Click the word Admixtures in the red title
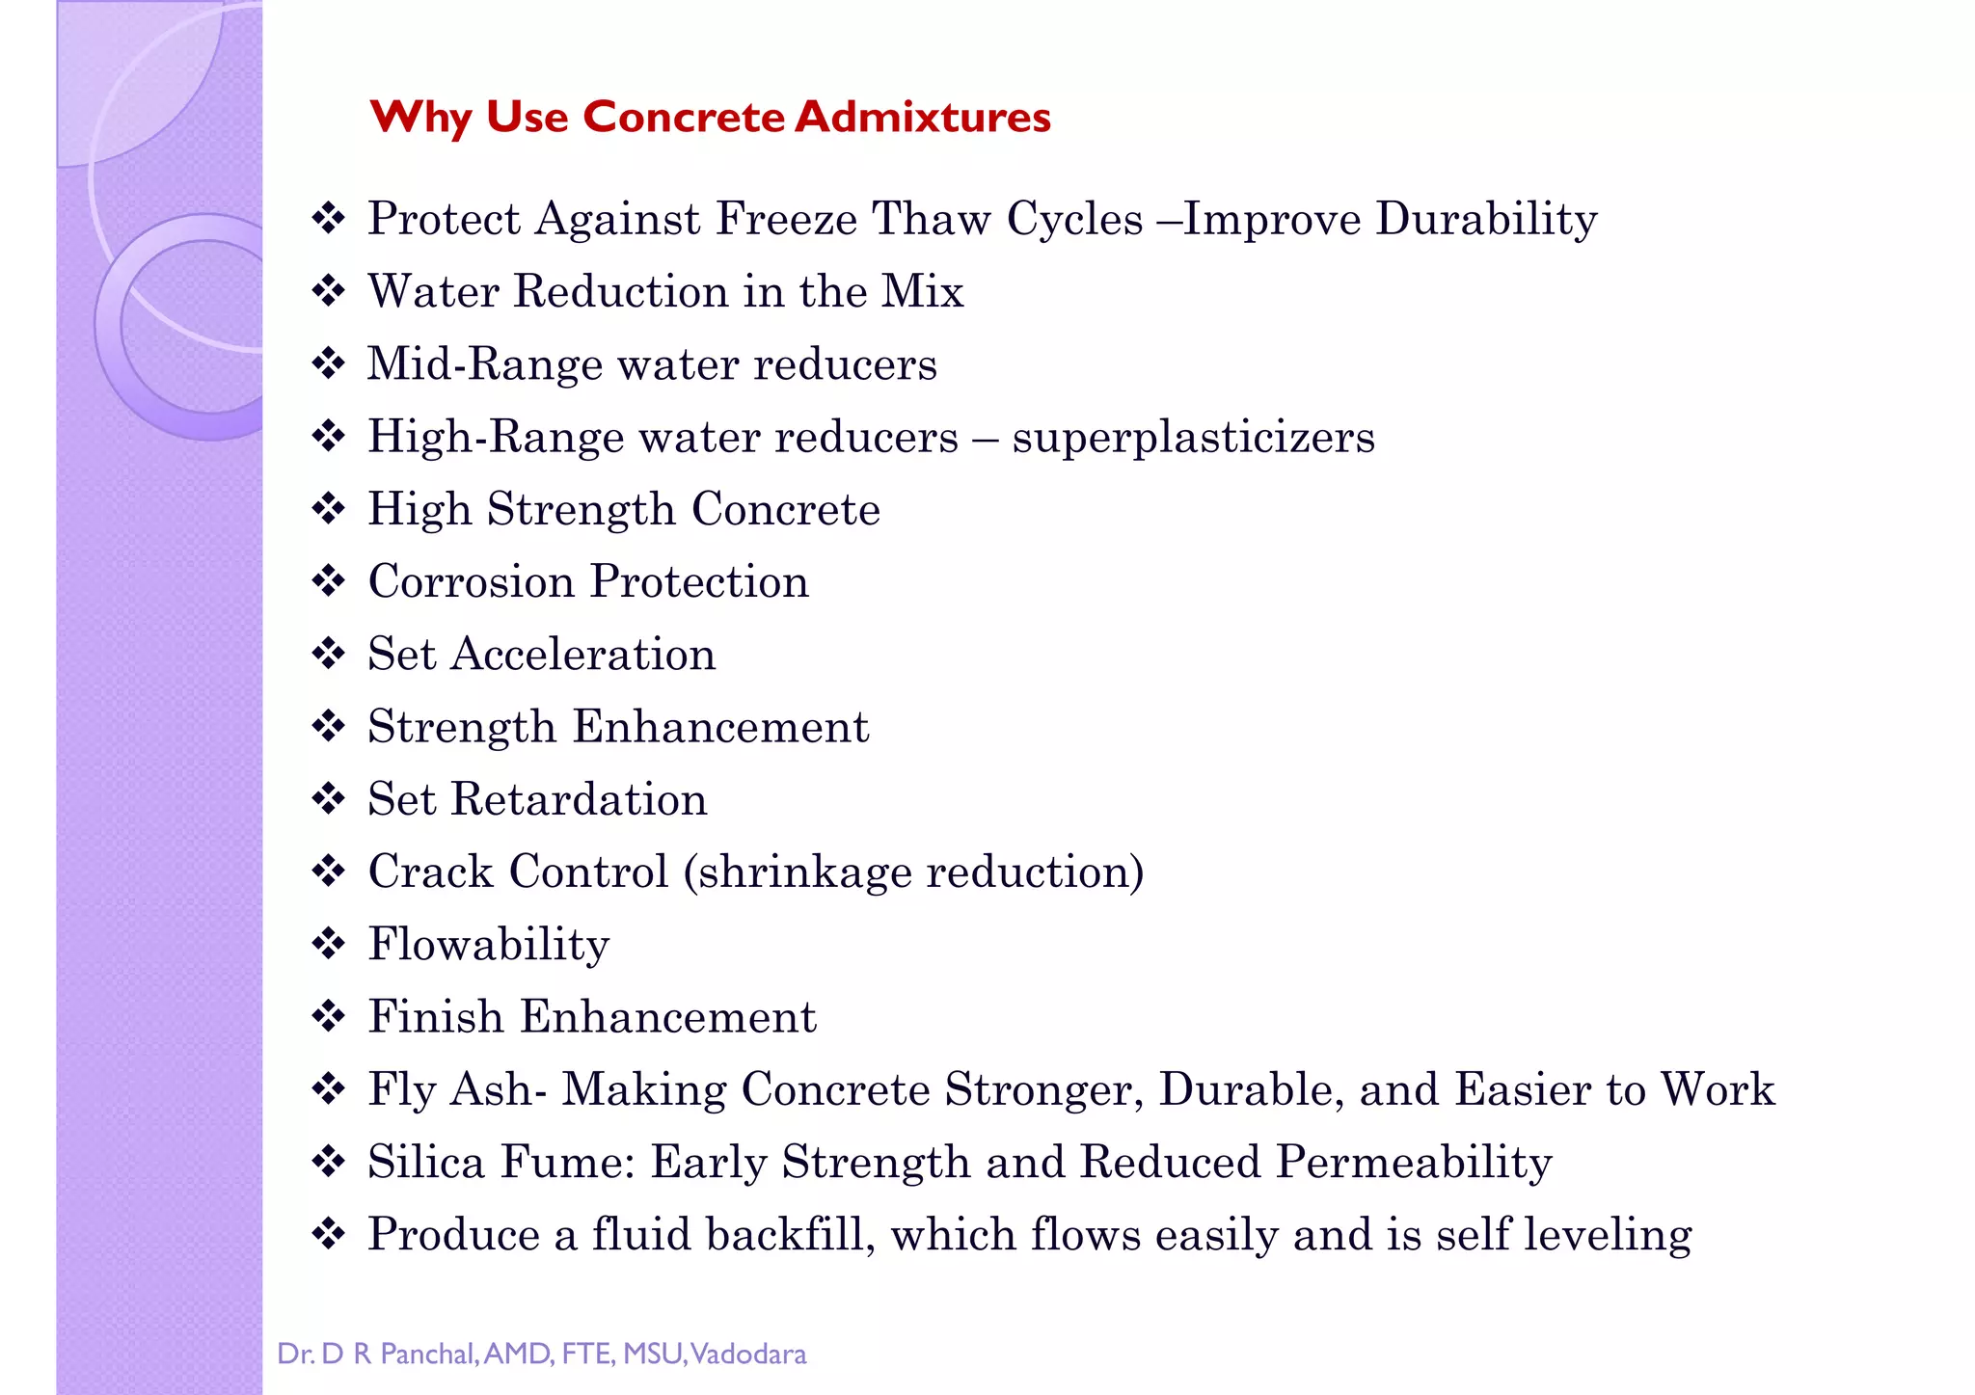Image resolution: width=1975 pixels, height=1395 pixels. [923, 118]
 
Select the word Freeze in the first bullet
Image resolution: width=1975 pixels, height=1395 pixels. [786, 219]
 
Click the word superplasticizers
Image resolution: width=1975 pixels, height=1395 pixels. [1193, 437]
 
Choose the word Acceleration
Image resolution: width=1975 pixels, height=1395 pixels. [583, 654]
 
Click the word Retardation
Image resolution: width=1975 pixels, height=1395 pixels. [579, 799]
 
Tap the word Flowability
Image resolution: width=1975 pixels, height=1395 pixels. [489, 944]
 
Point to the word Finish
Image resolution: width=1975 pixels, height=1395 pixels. [436, 1017]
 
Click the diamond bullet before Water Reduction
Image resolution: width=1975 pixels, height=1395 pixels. [329, 291]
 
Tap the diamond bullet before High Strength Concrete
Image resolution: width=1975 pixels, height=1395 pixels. [329, 509]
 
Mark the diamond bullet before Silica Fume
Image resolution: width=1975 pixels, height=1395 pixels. [329, 1162]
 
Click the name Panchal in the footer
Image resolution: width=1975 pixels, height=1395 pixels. [427, 1355]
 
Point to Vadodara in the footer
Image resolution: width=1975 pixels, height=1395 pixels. [748, 1355]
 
